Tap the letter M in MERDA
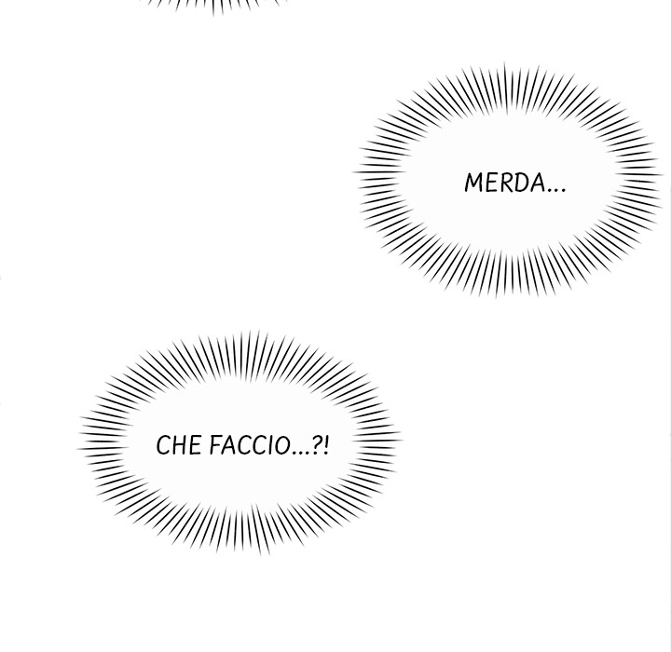(x=474, y=183)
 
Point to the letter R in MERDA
(x=506, y=183)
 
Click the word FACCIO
(x=250, y=445)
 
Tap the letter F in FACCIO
(x=215, y=445)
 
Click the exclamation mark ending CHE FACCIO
(x=327, y=445)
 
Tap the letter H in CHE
(x=178, y=445)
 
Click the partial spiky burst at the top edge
(x=212, y=6)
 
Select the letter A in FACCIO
(x=229, y=445)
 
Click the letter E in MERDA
(x=492, y=183)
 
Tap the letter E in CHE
(x=195, y=445)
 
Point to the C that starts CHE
(x=163, y=445)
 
